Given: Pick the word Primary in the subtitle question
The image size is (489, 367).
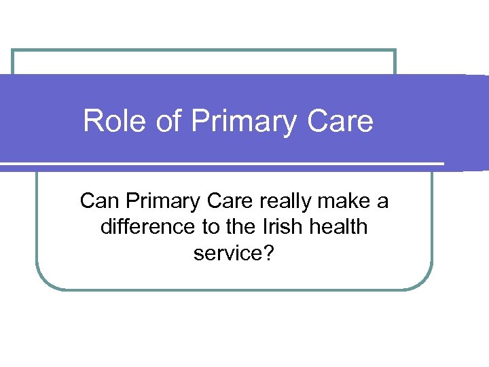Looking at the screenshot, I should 159,202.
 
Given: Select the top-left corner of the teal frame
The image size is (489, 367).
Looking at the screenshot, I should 13,51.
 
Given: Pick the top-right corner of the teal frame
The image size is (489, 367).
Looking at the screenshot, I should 395,51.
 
